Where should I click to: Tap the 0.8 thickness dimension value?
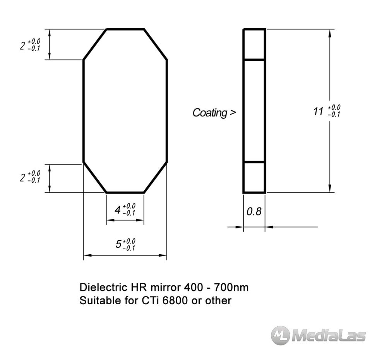click(x=254, y=212)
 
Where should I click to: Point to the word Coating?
click(x=210, y=113)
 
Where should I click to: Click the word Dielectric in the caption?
click(x=103, y=287)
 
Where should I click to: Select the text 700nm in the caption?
click(x=231, y=287)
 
